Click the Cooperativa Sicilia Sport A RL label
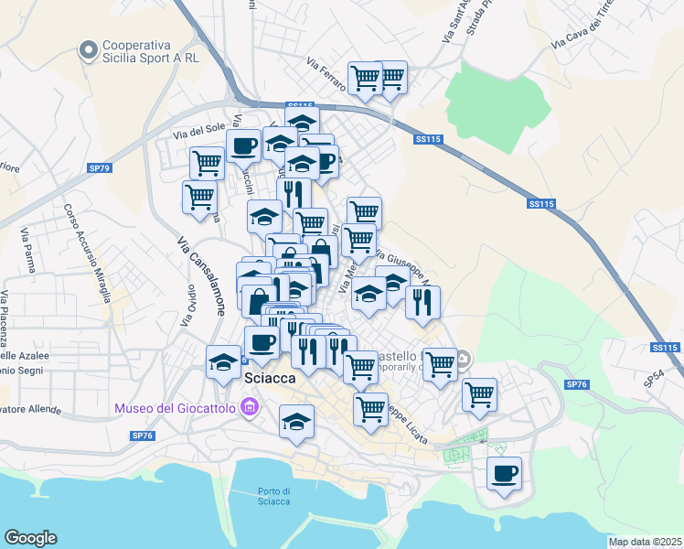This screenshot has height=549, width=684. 151,49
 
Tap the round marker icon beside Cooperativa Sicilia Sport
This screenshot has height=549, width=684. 89,49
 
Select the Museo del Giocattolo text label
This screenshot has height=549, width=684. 174,407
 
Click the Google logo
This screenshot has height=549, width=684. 30,538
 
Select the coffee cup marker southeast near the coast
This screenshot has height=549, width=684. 504,474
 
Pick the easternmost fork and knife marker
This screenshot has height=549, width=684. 422,303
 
